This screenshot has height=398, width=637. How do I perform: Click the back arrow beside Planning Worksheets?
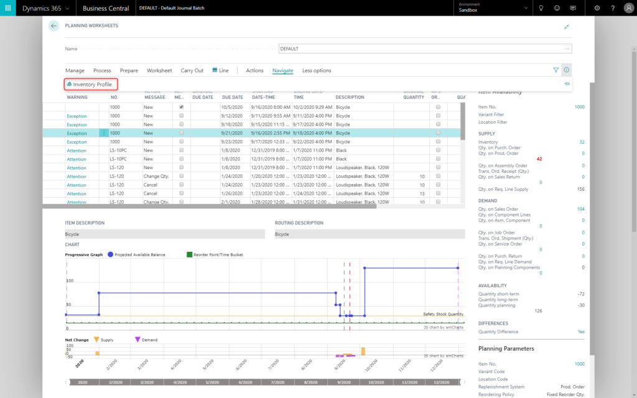tap(53, 26)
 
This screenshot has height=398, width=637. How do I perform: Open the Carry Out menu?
tap(192, 70)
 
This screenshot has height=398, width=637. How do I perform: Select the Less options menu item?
tap(317, 70)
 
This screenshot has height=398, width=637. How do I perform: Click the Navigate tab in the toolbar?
tap(282, 70)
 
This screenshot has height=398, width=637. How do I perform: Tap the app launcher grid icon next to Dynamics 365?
tap(8, 8)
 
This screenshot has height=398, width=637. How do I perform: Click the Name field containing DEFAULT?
tap(424, 49)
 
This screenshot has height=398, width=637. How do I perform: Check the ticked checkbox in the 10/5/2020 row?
tap(182, 107)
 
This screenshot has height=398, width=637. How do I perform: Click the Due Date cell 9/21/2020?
tap(232, 133)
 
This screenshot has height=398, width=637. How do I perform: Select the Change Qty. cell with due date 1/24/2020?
tap(156, 176)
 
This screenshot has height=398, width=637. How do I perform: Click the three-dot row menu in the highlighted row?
tap(104, 133)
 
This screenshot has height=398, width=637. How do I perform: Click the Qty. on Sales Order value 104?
tap(580, 209)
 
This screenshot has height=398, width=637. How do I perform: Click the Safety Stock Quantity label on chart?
tap(443, 314)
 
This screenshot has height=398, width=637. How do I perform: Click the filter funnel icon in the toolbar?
tap(556, 70)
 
